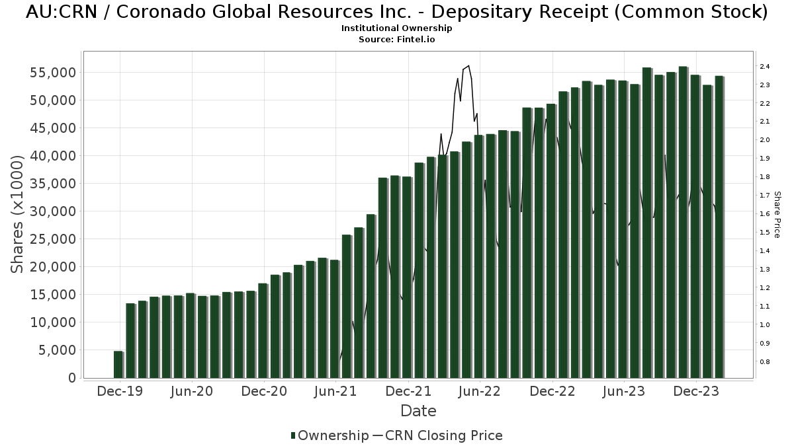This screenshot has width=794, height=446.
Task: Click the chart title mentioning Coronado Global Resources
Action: click(x=397, y=13)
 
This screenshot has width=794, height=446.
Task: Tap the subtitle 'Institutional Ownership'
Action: click(x=397, y=28)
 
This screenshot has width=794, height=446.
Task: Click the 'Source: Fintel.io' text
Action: click(x=397, y=40)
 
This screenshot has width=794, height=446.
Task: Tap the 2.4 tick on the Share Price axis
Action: click(x=764, y=67)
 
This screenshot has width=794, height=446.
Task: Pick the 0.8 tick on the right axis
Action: click(x=764, y=362)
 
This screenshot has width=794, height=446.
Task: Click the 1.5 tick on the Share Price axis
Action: click(x=764, y=233)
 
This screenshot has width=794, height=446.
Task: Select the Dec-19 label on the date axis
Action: click(x=120, y=392)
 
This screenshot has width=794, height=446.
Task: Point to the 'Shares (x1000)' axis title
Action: click(x=19, y=215)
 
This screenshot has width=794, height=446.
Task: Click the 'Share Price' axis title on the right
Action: click(x=777, y=215)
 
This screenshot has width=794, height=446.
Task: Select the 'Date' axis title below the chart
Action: click(x=418, y=411)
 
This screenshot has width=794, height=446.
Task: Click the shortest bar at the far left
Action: click(x=118, y=365)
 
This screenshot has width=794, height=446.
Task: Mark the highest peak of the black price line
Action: click(x=468, y=66)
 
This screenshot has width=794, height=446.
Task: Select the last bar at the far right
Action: click(x=719, y=227)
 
